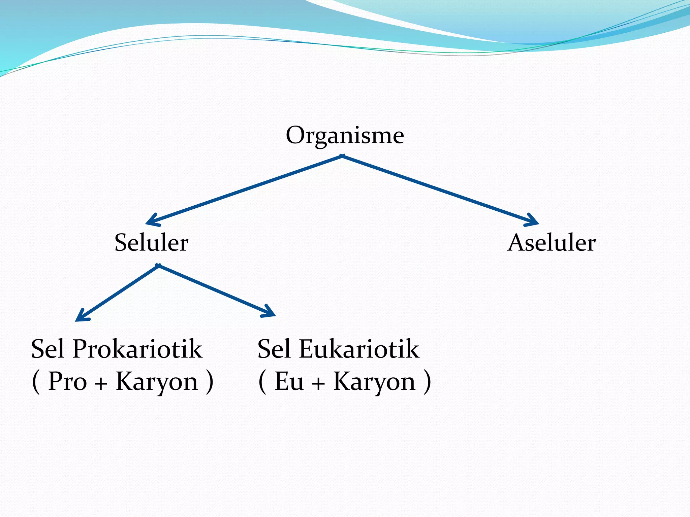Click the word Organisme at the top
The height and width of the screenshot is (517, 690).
[345, 136]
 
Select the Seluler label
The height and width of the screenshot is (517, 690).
[151, 243]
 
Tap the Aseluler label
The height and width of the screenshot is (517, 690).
[552, 243]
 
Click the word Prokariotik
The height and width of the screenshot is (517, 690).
[137, 349]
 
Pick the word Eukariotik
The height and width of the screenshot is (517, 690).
[359, 349]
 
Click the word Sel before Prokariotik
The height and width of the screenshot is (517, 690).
[48, 349]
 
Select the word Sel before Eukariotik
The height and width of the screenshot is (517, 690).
[274, 349]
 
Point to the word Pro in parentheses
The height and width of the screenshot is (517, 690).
[67, 382]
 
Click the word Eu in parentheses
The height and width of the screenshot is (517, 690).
[289, 382]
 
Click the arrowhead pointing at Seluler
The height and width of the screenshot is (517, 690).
[150, 221]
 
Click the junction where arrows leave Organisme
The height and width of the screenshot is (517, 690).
[342, 156]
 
